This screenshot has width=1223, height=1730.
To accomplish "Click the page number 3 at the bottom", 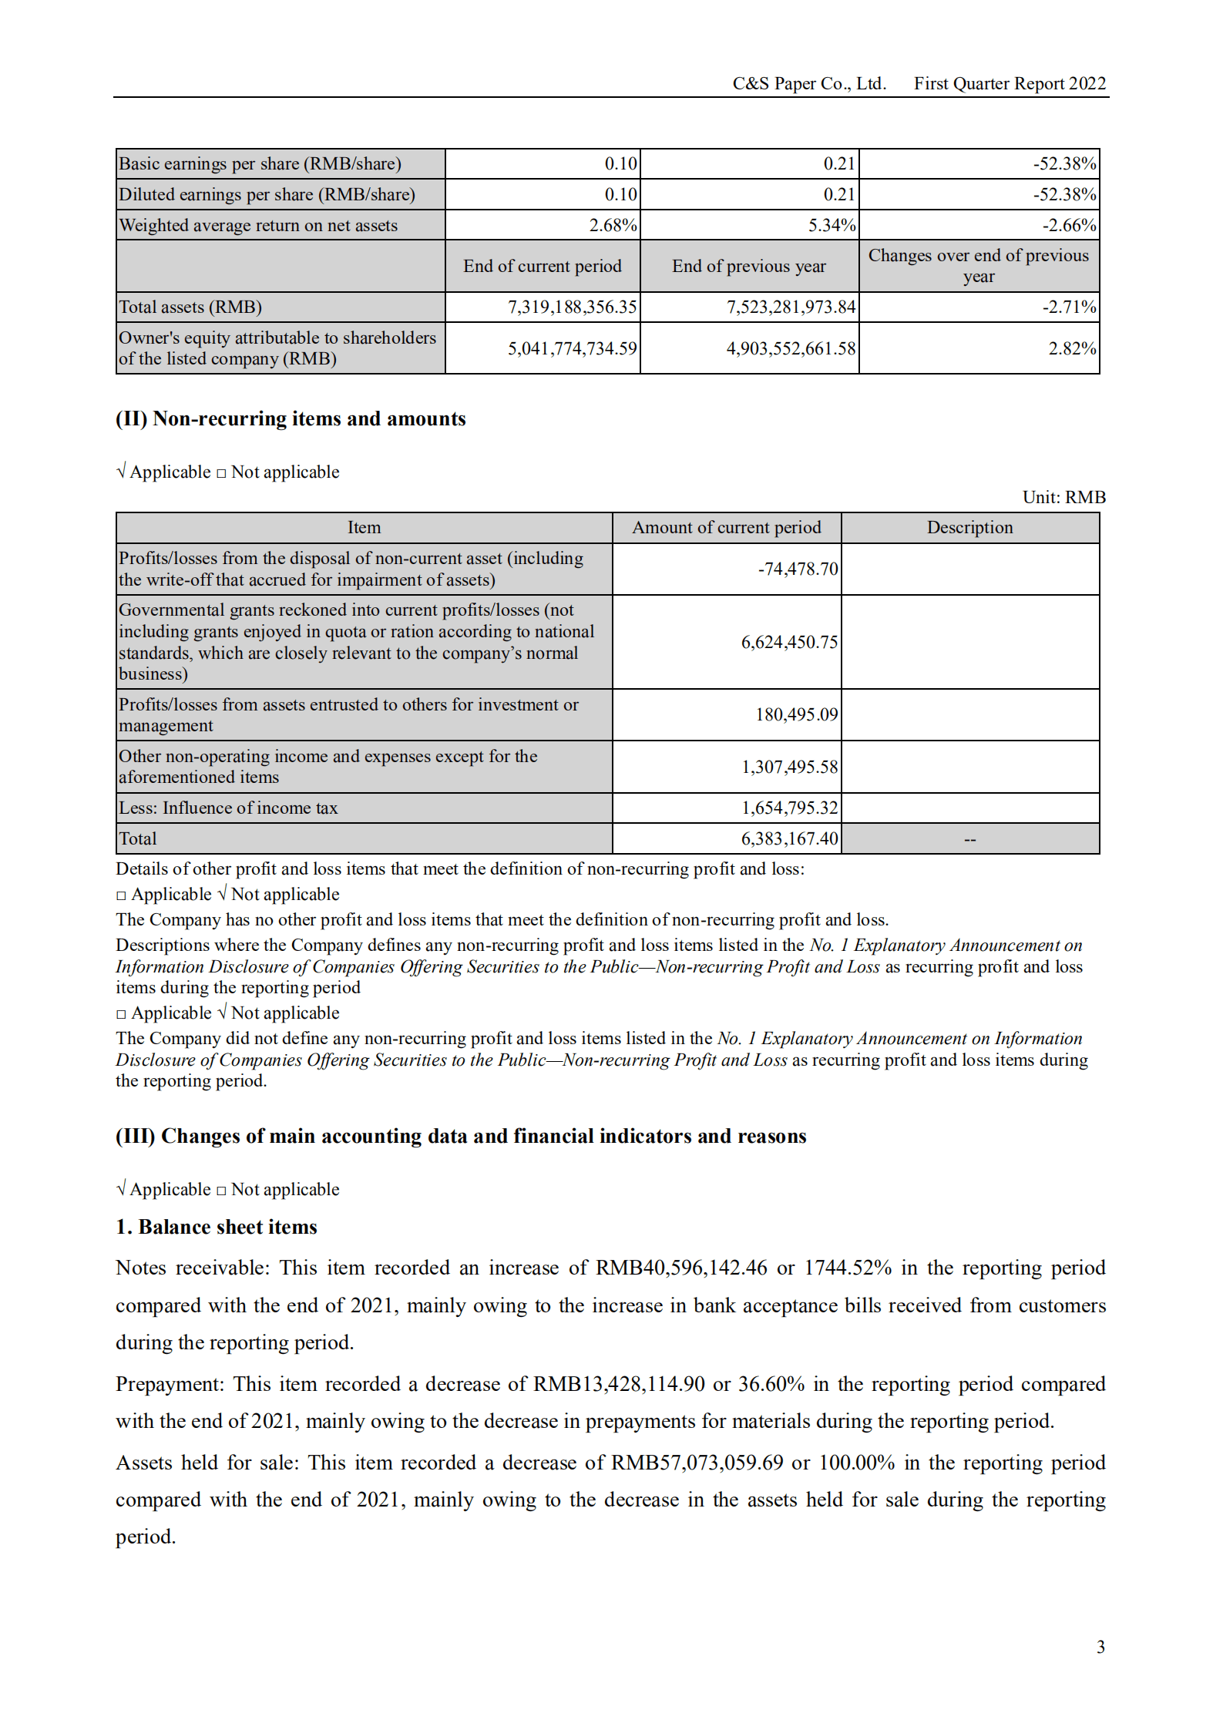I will [x=1100, y=1647].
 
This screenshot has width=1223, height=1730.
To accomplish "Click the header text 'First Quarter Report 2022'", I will [x=1009, y=83].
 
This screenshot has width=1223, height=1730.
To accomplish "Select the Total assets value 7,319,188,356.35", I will [x=572, y=307].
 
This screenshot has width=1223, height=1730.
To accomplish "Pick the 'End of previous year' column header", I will [x=748, y=266].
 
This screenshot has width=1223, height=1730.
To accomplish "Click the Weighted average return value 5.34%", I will [x=832, y=225].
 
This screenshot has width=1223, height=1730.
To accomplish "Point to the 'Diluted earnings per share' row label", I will [x=267, y=194].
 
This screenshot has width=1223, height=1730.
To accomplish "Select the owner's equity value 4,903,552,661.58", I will [x=791, y=348].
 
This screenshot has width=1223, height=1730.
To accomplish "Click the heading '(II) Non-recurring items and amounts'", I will [x=291, y=418].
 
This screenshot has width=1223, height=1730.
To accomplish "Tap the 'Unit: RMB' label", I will [x=1063, y=497].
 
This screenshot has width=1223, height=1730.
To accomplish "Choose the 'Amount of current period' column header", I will [x=726, y=527].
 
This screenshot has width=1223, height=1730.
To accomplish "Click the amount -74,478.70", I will [x=798, y=569].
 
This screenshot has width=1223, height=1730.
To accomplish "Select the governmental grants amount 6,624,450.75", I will [x=789, y=642].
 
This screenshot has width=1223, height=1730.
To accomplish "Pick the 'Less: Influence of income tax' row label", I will [x=228, y=808].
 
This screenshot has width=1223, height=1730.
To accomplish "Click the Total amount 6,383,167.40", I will [x=789, y=838].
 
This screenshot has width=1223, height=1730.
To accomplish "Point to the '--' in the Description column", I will [x=969, y=839].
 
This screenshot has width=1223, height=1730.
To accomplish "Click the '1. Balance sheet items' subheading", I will [x=217, y=1227].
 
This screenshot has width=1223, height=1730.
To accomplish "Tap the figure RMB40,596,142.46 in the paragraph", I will [x=681, y=1268].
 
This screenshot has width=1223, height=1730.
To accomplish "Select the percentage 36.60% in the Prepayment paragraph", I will [x=771, y=1384].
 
